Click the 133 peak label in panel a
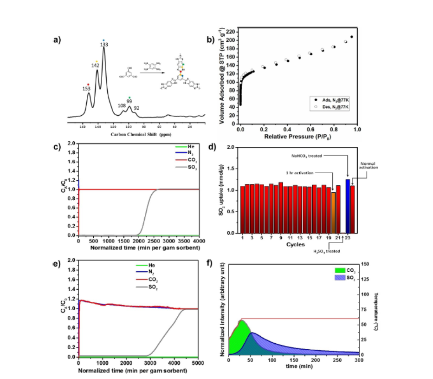tap(103, 45)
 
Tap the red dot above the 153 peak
tap(88, 84)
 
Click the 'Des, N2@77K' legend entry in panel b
tap(332, 106)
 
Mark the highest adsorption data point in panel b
tap(351, 37)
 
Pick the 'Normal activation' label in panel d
tap(367, 166)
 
